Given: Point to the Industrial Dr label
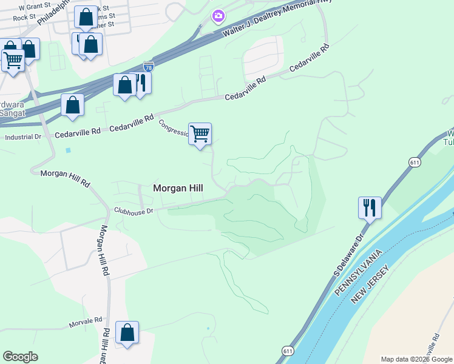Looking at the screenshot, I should [23, 137].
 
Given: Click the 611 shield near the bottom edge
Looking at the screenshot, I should [288, 351].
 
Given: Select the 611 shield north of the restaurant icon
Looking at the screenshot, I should [415, 163].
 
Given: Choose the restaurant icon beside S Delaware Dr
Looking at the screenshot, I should [370, 207].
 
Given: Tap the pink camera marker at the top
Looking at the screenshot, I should [218, 15].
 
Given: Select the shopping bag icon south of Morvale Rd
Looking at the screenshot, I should [127, 332].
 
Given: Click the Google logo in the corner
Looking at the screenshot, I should [20, 357].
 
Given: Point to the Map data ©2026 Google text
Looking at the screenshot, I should [416, 359].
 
